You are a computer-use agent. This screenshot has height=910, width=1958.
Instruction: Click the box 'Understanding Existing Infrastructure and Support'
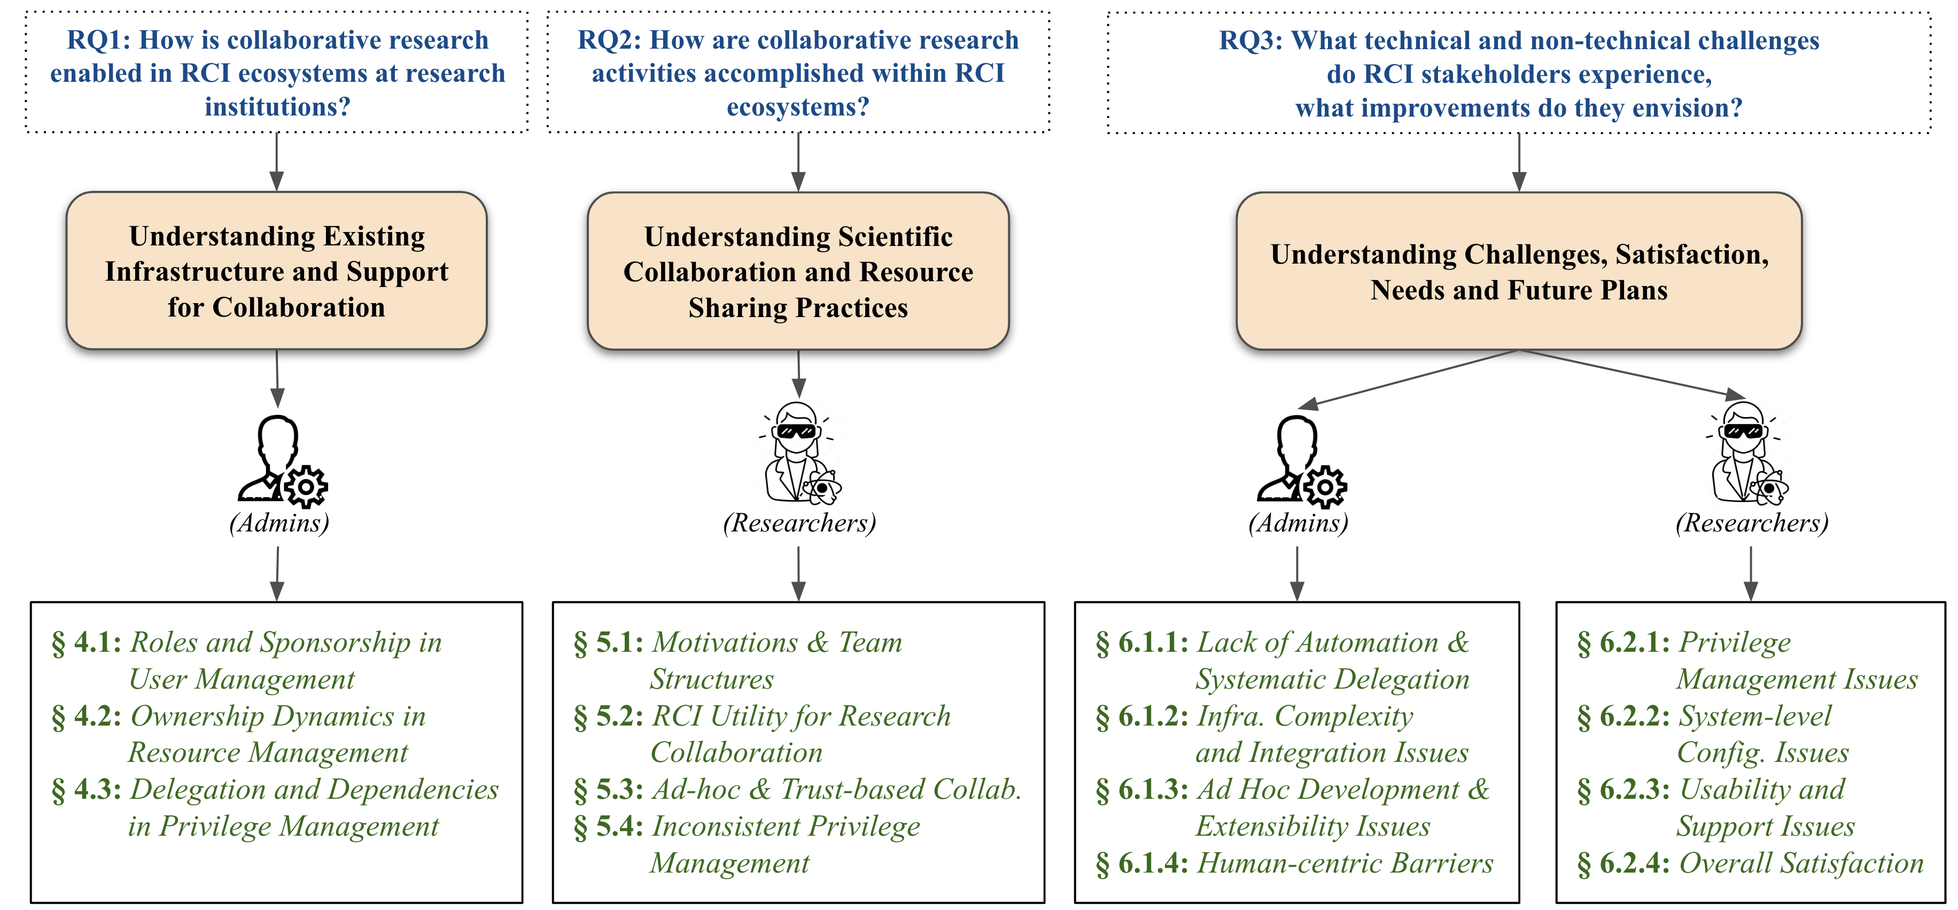[x=277, y=271]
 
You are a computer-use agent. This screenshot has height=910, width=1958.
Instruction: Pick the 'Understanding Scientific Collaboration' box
[x=798, y=272]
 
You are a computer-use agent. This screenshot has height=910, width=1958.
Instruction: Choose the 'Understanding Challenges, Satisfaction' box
[x=1519, y=272]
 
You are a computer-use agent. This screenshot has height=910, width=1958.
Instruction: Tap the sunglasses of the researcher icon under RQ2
[x=797, y=431]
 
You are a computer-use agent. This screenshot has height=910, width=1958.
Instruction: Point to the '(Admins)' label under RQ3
[x=1298, y=523]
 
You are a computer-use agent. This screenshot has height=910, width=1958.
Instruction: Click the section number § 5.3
[x=608, y=789]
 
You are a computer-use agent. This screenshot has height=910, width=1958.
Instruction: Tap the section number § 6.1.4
[x=1141, y=863]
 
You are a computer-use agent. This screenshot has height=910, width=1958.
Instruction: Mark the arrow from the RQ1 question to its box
[x=277, y=161]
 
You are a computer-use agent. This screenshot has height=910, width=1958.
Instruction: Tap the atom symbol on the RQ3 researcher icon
[x=1770, y=489]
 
